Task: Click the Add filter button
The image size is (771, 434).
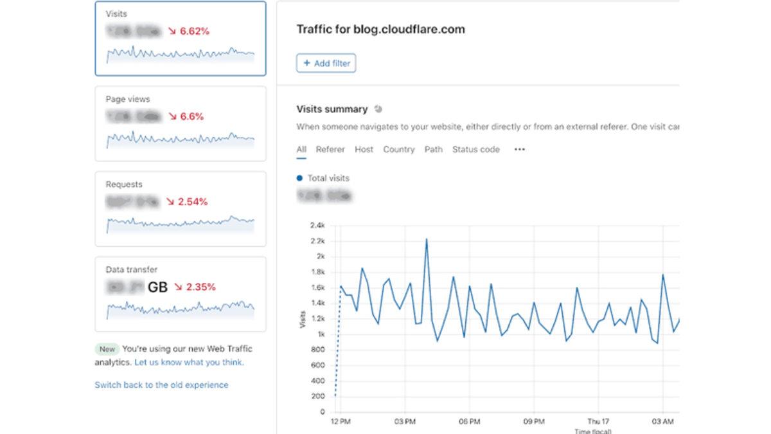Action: click(x=326, y=63)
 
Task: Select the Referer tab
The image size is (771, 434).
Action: click(x=330, y=149)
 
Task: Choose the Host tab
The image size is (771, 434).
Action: click(x=364, y=149)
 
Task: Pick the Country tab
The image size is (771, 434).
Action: click(x=398, y=149)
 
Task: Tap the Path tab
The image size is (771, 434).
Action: click(x=433, y=149)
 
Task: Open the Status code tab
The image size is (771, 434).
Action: click(x=475, y=149)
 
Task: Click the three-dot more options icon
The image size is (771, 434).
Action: click(x=520, y=149)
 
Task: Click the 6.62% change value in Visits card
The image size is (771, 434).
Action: click(x=193, y=31)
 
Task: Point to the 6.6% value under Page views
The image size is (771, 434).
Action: click(x=191, y=116)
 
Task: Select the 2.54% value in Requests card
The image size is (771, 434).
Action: click(x=192, y=201)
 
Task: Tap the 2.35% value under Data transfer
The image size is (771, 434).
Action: click(x=200, y=287)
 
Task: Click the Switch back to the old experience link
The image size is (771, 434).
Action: click(x=161, y=384)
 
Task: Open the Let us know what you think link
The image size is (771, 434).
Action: click(x=189, y=362)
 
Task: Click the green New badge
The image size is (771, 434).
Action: click(x=107, y=349)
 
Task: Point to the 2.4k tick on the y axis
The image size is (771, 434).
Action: click(x=317, y=226)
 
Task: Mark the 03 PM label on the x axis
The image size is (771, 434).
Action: click(x=405, y=421)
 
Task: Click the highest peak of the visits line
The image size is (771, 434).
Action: click(x=427, y=239)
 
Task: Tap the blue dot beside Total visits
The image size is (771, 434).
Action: click(x=299, y=178)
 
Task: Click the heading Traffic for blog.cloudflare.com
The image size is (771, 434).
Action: click(x=380, y=29)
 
